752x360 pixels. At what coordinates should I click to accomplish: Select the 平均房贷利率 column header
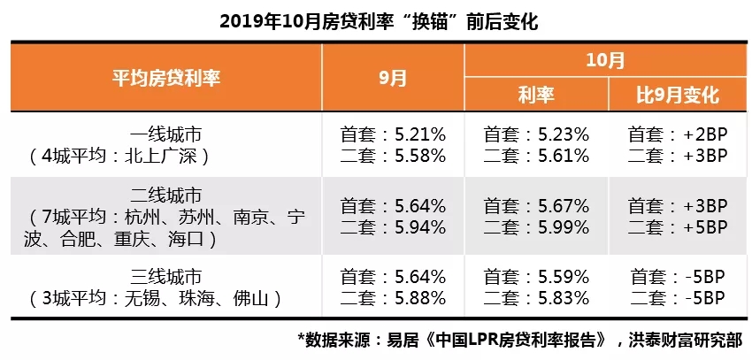(166, 77)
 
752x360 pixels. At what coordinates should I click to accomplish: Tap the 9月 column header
(393, 77)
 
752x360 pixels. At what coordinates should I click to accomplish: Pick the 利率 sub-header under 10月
(536, 95)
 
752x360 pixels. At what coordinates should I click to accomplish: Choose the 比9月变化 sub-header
(678, 95)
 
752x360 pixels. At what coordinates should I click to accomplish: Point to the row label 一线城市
(166, 135)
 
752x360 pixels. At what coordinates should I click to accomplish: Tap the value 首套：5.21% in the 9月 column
(393, 135)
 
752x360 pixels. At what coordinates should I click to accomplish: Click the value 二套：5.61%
(536, 156)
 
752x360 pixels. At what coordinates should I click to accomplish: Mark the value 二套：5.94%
(393, 228)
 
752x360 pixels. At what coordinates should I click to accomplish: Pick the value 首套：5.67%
(536, 207)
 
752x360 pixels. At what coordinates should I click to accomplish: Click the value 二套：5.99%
(536, 228)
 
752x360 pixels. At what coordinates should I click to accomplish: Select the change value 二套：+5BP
(678, 228)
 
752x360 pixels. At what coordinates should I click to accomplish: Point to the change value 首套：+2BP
(678, 135)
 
